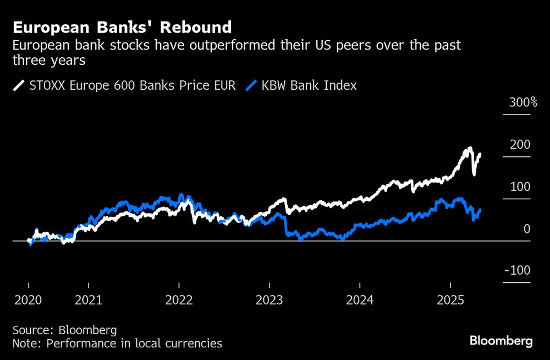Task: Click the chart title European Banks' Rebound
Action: pyautogui.click(x=122, y=27)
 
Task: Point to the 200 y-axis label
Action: pyautogui.click(x=520, y=145)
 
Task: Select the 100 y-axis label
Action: pyautogui.click(x=520, y=187)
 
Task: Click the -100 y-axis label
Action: pyautogui.click(x=518, y=271)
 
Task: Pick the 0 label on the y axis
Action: pyautogui.click(x=526, y=229)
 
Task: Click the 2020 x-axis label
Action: pyautogui.click(x=28, y=301)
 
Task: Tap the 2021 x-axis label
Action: pyautogui.click(x=89, y=301)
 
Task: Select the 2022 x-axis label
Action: pyautogui.click(x=179, y=301)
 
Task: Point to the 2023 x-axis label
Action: pyautogui.click(x=269, y=301)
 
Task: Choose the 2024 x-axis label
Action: pyautogui.click(x=359, y=301)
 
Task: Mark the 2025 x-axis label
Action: pyautogui.click(x=450, y=301)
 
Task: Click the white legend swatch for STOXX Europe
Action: pyautogui.click(x=19, y=85)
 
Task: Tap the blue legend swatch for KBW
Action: pyautogui.click(x=251, y=85)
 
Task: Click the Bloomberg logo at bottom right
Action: pyautogui.click(x=501, y=341)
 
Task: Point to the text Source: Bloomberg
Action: pyautogui.click(x=65, y=330)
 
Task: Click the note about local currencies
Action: pyautogui.click(x=117, y=343)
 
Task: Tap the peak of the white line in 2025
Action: pyautogui.click(x=469, y=148)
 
